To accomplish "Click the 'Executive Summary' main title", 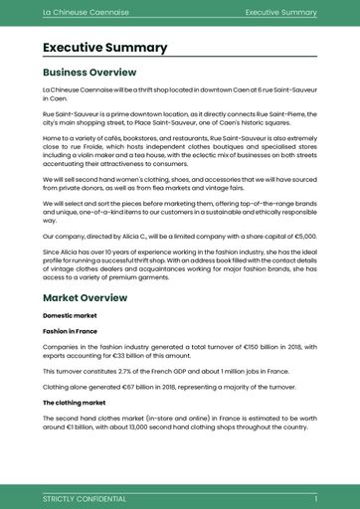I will (104, 48).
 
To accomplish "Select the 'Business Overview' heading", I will (90, 73).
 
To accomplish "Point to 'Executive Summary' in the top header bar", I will (280, 13).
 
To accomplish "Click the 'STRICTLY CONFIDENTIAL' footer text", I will (85, 498).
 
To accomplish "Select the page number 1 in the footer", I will (315, 498).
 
